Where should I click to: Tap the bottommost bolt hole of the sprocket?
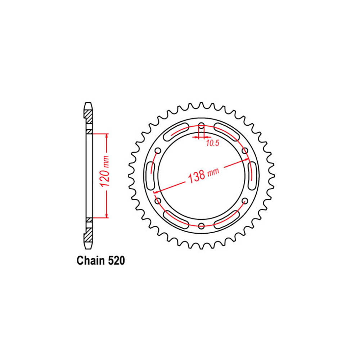[202, 226]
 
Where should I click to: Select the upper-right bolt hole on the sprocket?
[245, 150]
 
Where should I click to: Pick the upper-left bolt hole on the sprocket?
[158, 150]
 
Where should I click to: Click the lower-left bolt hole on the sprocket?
[158, 201]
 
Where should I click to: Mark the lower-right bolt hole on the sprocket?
[245, 201]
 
